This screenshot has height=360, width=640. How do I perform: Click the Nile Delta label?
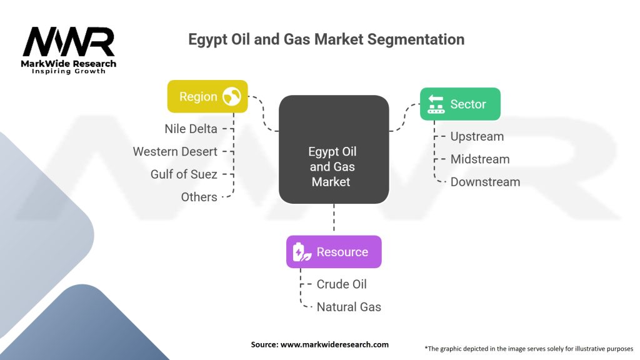[191, 129]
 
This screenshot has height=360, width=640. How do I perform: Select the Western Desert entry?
[175, 151]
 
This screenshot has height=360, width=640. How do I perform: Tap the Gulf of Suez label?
[184, 174]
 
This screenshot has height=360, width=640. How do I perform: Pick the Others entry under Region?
[199, 197]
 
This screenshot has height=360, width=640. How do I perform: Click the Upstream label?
[477, 136]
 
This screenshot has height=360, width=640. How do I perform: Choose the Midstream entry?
[479, 159]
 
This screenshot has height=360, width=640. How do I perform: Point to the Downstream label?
[485, 182]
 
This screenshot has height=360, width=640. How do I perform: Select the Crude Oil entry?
[341, 284]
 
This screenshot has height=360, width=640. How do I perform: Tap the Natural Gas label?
[349, 307]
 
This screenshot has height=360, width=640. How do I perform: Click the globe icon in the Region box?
[232, 96]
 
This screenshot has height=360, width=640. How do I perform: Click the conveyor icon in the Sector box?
[436, 104]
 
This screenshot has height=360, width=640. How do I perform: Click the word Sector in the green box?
[468, 104]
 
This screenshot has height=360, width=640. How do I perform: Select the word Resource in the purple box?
[342, 252]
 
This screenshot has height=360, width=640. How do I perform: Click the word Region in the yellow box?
[198, 96]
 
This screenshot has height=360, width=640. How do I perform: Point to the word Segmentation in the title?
[415, 39]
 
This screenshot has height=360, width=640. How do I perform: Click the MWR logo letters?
[69, 42]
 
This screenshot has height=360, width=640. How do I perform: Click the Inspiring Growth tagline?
[69, 71]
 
